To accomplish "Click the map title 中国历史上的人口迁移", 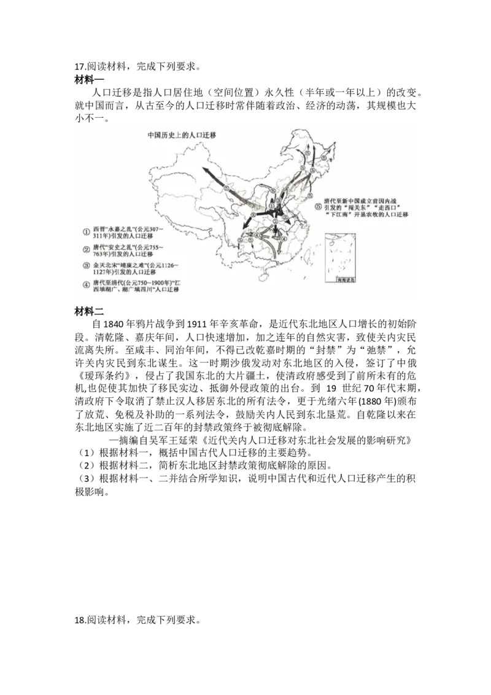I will click(182, 134).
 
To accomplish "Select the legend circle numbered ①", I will click(87, 231).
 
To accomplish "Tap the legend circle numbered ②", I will click(87, 249).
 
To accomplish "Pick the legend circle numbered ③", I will click(87, 266).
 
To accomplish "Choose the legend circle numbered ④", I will click(87, 284).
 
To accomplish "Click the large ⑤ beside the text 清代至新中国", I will click(317, 207).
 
